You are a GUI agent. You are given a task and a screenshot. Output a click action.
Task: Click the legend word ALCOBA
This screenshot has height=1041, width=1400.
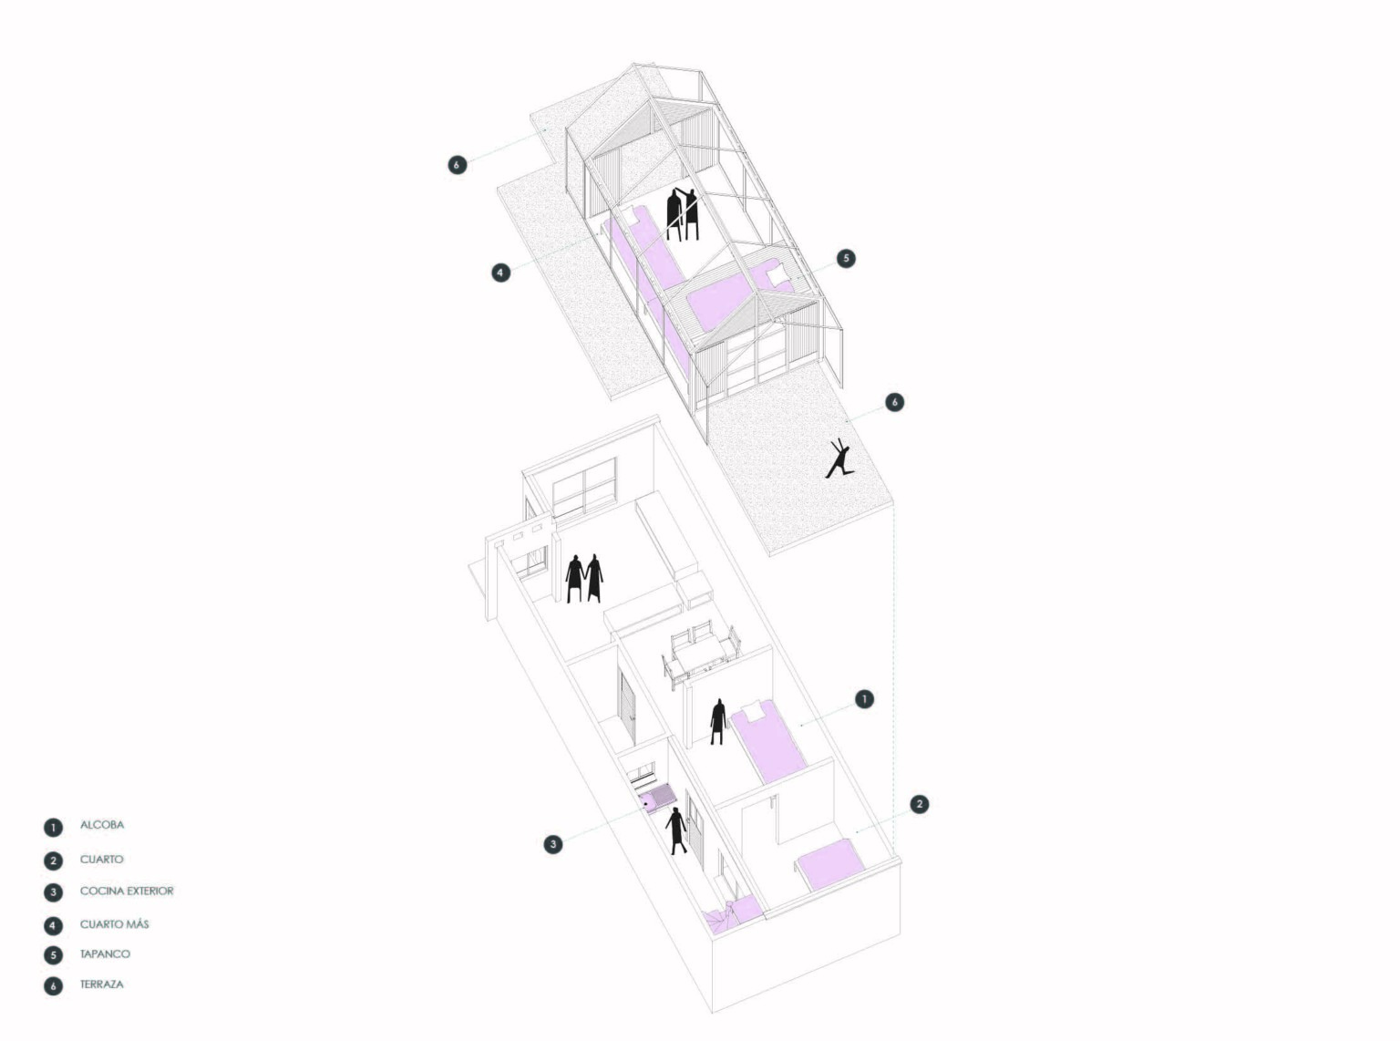point(101,824)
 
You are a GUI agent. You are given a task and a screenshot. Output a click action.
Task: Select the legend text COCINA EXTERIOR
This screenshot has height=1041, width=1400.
point(127,891)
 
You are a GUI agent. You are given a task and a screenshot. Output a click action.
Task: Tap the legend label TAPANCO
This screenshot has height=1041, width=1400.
point(105,953)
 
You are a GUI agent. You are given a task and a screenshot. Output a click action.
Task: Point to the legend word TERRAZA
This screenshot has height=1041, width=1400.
point(101,984)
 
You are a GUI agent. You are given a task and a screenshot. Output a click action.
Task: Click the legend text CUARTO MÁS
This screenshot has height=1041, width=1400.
point(114,924)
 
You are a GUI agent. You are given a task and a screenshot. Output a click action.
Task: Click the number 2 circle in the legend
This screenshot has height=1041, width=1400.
point(53,861)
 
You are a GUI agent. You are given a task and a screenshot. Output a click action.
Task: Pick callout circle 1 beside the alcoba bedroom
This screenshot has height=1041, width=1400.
point(864,699)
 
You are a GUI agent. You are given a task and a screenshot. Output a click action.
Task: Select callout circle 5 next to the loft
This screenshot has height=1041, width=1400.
point(846,258)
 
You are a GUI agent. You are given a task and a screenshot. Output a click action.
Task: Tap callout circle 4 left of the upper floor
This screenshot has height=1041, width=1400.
point(500,273)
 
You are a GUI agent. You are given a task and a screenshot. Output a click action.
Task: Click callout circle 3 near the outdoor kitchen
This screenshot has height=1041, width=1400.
point(553,844)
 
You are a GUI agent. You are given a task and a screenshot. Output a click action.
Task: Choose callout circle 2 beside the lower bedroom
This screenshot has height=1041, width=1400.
point(919,804)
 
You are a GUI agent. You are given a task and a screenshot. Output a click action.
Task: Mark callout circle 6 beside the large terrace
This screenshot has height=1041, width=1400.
point(894,402)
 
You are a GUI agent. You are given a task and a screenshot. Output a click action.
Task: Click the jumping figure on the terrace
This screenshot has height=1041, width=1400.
point(839,459)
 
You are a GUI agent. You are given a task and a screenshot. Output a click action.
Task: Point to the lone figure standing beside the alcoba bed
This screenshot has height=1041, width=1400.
point(717,722)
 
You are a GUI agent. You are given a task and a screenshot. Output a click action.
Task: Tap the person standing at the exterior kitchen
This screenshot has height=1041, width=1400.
point(676,830)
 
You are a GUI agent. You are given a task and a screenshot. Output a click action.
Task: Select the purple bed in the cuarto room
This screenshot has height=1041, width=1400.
point(829,862)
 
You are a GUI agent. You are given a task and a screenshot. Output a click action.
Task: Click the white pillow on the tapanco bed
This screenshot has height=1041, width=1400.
point(777,273)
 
